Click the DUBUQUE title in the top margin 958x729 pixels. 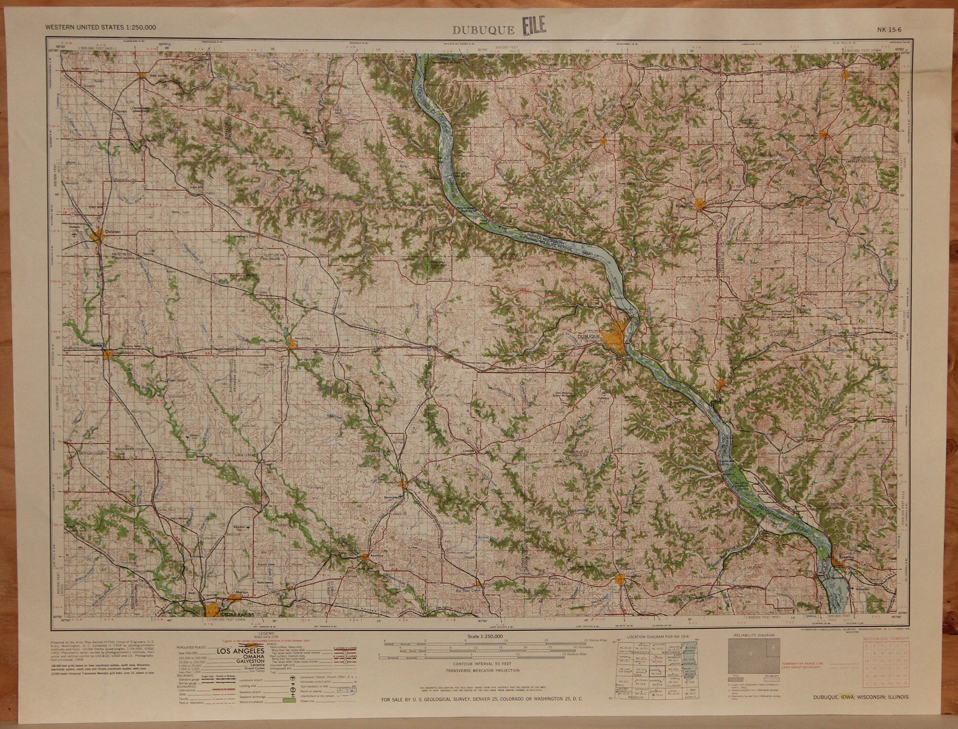[484, 30]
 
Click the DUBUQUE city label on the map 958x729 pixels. [589, 337]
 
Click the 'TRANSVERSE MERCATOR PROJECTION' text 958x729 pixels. [483, 671]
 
